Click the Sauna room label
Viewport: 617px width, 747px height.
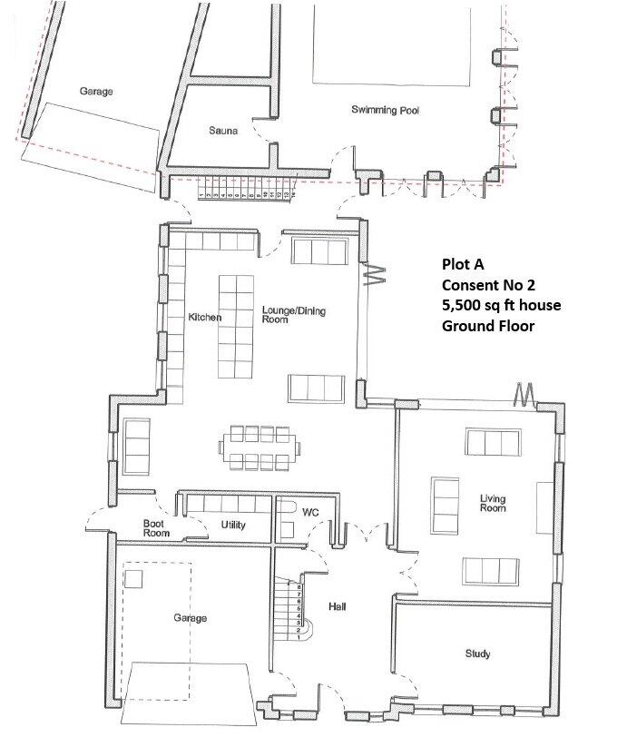pyautogui.click(x=222, y=132)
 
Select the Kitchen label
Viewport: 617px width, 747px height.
pyautogui.click(x=204, y=318)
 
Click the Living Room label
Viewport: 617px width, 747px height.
pyautogui.click(x=492, y=503)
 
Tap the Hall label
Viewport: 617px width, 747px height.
pyautogui.click(x=338, y=606)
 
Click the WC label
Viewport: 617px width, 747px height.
pyautogui.click(x=310, y=513)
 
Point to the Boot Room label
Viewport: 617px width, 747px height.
pyautogui.click(x=158, y=527)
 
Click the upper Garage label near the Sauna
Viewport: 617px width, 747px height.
pyautogui.click(x=95, y=92)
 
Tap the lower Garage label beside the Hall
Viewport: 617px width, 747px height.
pyautogui.click(x=191, y=618)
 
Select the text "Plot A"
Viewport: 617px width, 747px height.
pyautogui.click(x=463, y=265)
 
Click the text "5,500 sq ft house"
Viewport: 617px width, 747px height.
pyautogui.click(x=500, y=305)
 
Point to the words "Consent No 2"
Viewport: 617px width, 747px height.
pyautogui.click(x=486, y=285)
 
